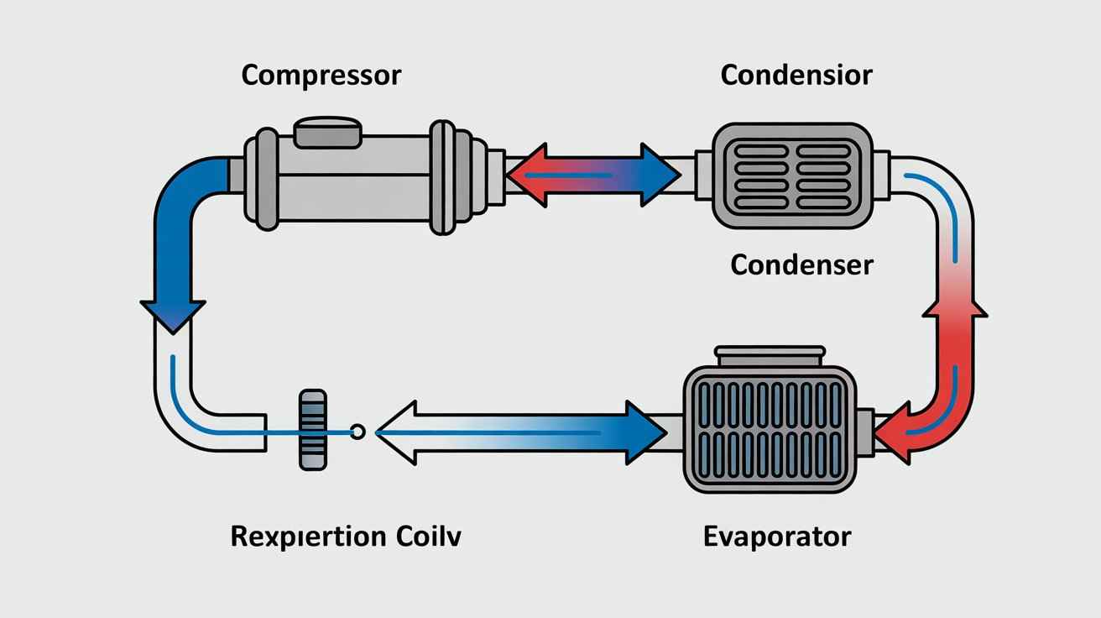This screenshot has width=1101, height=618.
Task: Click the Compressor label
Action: tap(321, 76)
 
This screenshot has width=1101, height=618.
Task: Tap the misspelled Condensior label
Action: tap(796, 75)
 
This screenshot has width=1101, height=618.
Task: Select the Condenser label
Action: tap(801, 265)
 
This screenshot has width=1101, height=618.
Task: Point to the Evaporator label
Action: tap(776, 536)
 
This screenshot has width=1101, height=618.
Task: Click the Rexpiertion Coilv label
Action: tap(346, 536)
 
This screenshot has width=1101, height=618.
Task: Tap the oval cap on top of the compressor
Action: tap(328, 133)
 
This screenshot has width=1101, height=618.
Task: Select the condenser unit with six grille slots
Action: tap(788, 175)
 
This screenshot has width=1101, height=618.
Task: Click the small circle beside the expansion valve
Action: tap(357, 432)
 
